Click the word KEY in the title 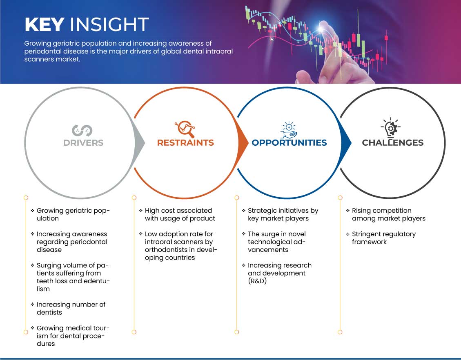tap(45, 24)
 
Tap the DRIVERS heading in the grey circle tap(83, 143)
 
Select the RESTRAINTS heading tap(185, 143)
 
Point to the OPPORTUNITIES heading tap(290, 143)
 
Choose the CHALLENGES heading tap(393, 143)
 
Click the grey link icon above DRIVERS tap(82, 131)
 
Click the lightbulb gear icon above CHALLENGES tap(391, 128)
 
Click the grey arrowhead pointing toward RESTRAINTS tap(140, 143)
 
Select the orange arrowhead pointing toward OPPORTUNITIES tap(243, 143)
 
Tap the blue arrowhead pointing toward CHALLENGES tap(346, 143)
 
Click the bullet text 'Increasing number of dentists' tap(71, 308)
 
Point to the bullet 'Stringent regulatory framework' tap(384, 238)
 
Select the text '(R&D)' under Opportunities tap(257, 281)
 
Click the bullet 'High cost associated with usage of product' tap(180, 214)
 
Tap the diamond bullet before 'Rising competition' tap(348, 211)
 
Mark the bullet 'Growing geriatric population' tap(73, 214)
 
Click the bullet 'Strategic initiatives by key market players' tap(283, 214)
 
